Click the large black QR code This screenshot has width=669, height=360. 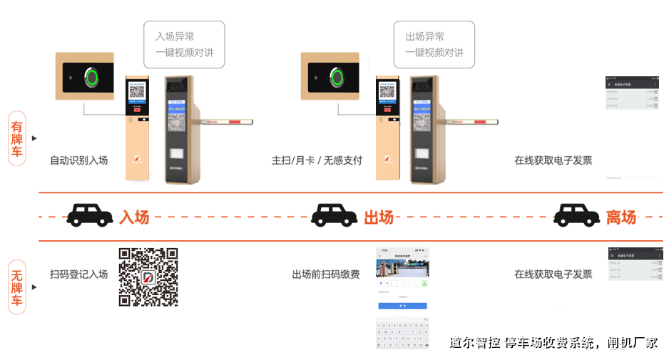point(148,277)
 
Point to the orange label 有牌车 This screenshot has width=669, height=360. point(16,138)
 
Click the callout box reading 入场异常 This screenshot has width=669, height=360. point(184,44)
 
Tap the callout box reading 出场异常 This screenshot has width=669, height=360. point(434,44)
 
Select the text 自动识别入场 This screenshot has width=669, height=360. point(78,160)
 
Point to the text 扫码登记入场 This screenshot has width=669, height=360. point(78,274)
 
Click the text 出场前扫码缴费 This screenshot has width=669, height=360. point(325,274)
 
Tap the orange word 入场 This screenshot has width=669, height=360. point(134,217)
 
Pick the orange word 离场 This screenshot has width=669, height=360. point(621,217)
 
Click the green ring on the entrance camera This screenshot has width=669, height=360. point(91,77)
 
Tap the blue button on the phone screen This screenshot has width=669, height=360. point(402,305)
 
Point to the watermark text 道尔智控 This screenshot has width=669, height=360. point(474,343)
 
